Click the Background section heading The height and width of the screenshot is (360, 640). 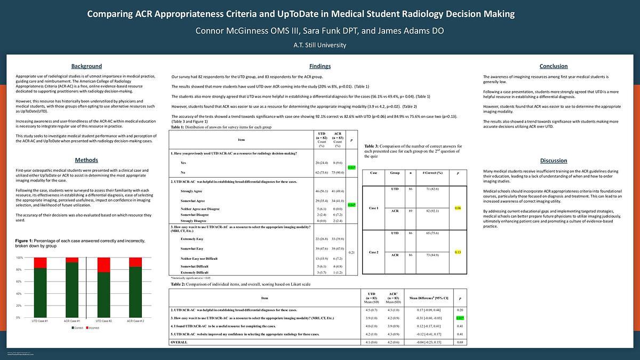click(86, 66)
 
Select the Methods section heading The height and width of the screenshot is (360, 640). click(86, 160)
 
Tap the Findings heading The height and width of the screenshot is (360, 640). click(319, 66)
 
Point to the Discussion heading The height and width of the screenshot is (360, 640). click(553, 160)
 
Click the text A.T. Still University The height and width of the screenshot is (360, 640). click(319, 45)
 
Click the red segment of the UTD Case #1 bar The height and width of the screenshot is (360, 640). click(40, 262)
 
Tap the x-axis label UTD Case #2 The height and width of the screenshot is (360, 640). click(103, 322)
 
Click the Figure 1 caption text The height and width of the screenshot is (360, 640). click(80, 243)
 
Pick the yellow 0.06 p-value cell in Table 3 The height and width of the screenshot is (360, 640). click(458, 207)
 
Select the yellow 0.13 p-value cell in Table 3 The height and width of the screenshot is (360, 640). click(458, 252)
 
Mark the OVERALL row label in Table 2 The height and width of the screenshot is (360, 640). click(179, 342)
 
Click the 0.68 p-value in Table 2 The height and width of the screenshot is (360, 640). click(459, 342)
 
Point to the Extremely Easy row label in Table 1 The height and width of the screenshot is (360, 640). click(192, 239)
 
